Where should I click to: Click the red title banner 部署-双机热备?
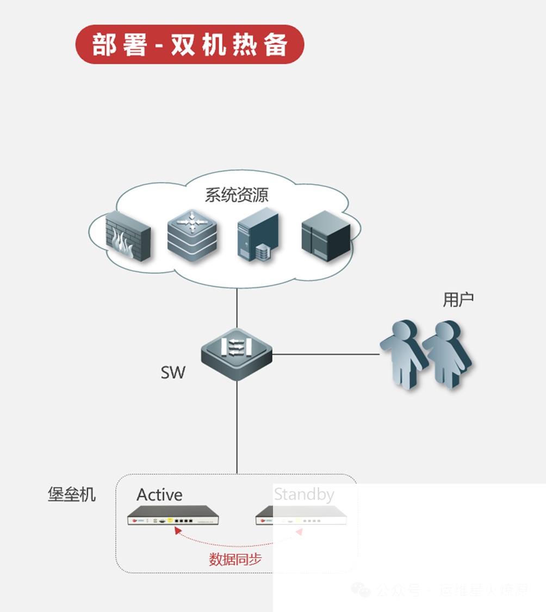(189, 45)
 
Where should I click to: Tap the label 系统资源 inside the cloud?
(237, 195)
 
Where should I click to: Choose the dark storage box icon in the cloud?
(326, 234)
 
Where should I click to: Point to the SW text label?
(173, 373)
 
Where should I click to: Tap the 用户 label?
(458, 299)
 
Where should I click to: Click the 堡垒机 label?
(72, 494)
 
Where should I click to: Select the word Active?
(159, 494)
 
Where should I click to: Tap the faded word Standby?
(303, 494)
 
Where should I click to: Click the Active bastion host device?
(172, 515)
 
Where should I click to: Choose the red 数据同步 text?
(235, 559)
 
